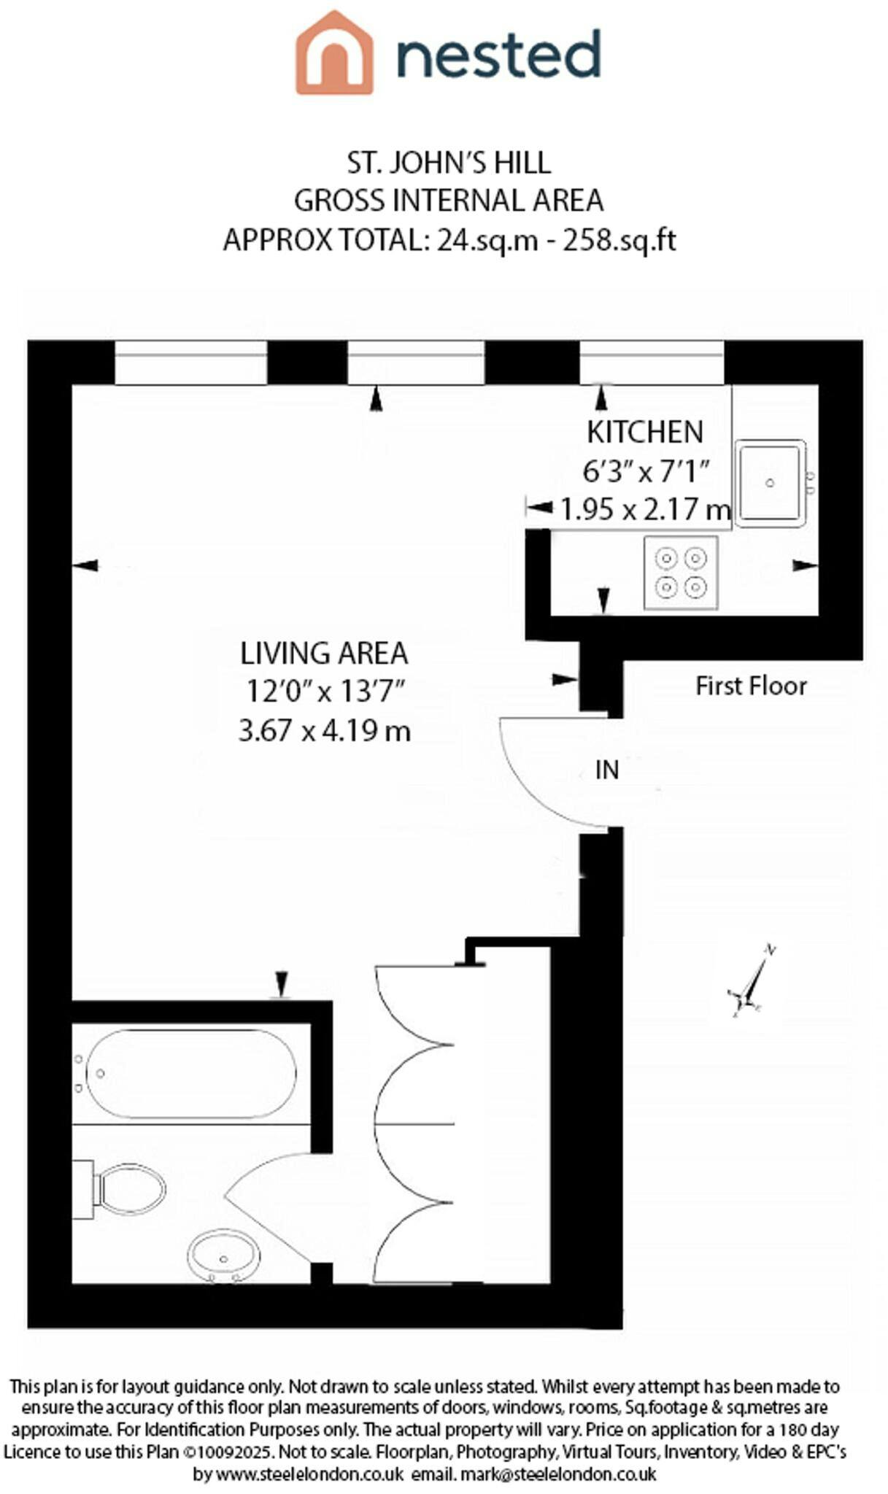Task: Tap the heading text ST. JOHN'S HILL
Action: pyautogui.click(x=449, y=163)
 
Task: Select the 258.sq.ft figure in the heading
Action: pyautogui.click(x=619, y=239)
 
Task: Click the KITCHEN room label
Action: pyautogui.click(x=645, y=432)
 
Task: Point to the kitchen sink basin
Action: pyautogui.click(x=770, y=482)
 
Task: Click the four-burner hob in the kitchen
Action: pyautogui.click(x=681, y=573)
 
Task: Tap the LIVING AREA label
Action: pyautogui.click(x=324, y=653)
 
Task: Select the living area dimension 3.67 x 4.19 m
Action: pyautogui.click(x=325, y=730)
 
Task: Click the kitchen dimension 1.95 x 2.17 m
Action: pyautogui.click(x=645, y=508)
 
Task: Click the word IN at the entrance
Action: pyautogui.click(x=607, y=770)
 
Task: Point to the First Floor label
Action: pyautogui.click(x=751, y=686)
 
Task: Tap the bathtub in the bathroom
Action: pyautogui.click(x=191, y=1073)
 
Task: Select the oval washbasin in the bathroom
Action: pyautogui.click(x=224, y=1255)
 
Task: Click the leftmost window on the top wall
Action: pyautogui.click(x=191, y=363)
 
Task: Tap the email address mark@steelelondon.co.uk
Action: pyautogui.click(x=558, y=1474)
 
